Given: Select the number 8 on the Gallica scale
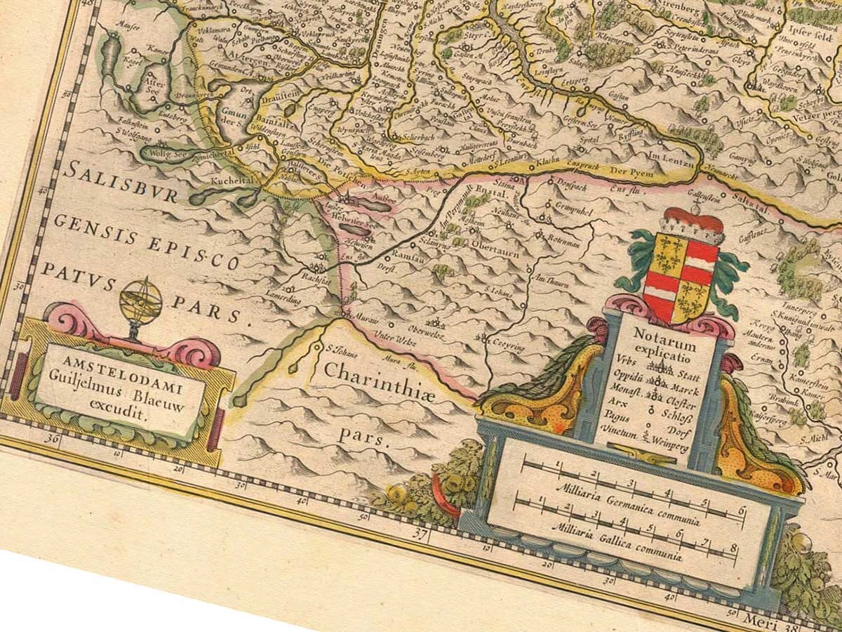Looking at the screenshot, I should [733, 548].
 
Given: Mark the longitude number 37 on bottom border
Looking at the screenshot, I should [421, 536].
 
